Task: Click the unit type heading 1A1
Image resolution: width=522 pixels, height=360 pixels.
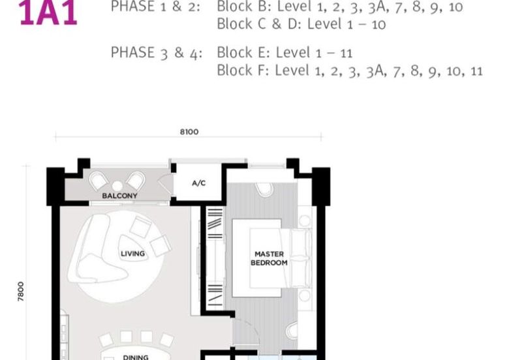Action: click(48, 13)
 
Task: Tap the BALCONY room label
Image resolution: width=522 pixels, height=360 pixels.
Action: click(119, 196)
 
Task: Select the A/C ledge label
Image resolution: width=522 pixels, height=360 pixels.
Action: click(198, 183)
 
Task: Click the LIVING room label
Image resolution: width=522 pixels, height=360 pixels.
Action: click(132, 253)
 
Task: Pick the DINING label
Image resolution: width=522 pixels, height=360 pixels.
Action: click(135, 357)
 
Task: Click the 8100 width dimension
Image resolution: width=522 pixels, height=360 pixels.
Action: click(189, 132)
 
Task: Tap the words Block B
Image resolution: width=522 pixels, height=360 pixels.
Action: click(239, 7)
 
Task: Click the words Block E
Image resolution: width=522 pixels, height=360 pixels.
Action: click(238, 52)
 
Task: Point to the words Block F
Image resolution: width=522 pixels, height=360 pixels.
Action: click(238, 70)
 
